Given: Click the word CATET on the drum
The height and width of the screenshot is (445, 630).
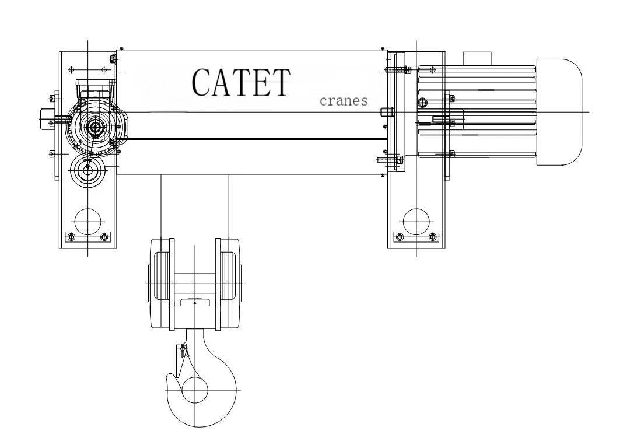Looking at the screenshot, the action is pos(241,82).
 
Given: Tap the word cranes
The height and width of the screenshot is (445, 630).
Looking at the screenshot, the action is pos(344,100).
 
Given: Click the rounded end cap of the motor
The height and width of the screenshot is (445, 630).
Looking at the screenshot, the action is pos(559,112).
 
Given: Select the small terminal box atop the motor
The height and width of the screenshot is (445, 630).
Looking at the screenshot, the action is pos(477,58).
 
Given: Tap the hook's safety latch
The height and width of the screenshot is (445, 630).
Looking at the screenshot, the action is pos(182,360).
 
